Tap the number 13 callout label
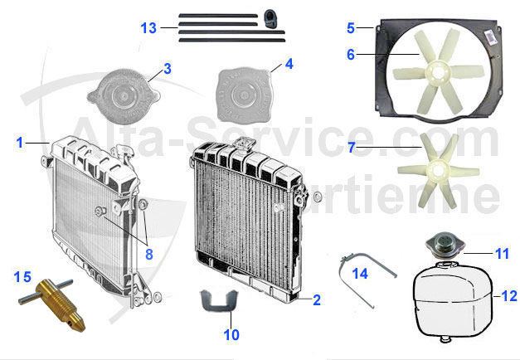pos(148,27)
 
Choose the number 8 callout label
pos(148,254)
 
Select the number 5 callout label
pos(351,27)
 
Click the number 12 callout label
pos(508,295)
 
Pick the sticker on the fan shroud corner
pos(490,37)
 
